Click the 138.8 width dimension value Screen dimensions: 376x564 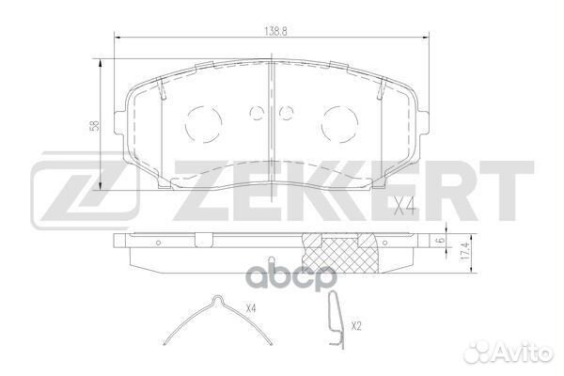[273, 31]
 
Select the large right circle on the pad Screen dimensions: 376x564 [337, 121]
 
